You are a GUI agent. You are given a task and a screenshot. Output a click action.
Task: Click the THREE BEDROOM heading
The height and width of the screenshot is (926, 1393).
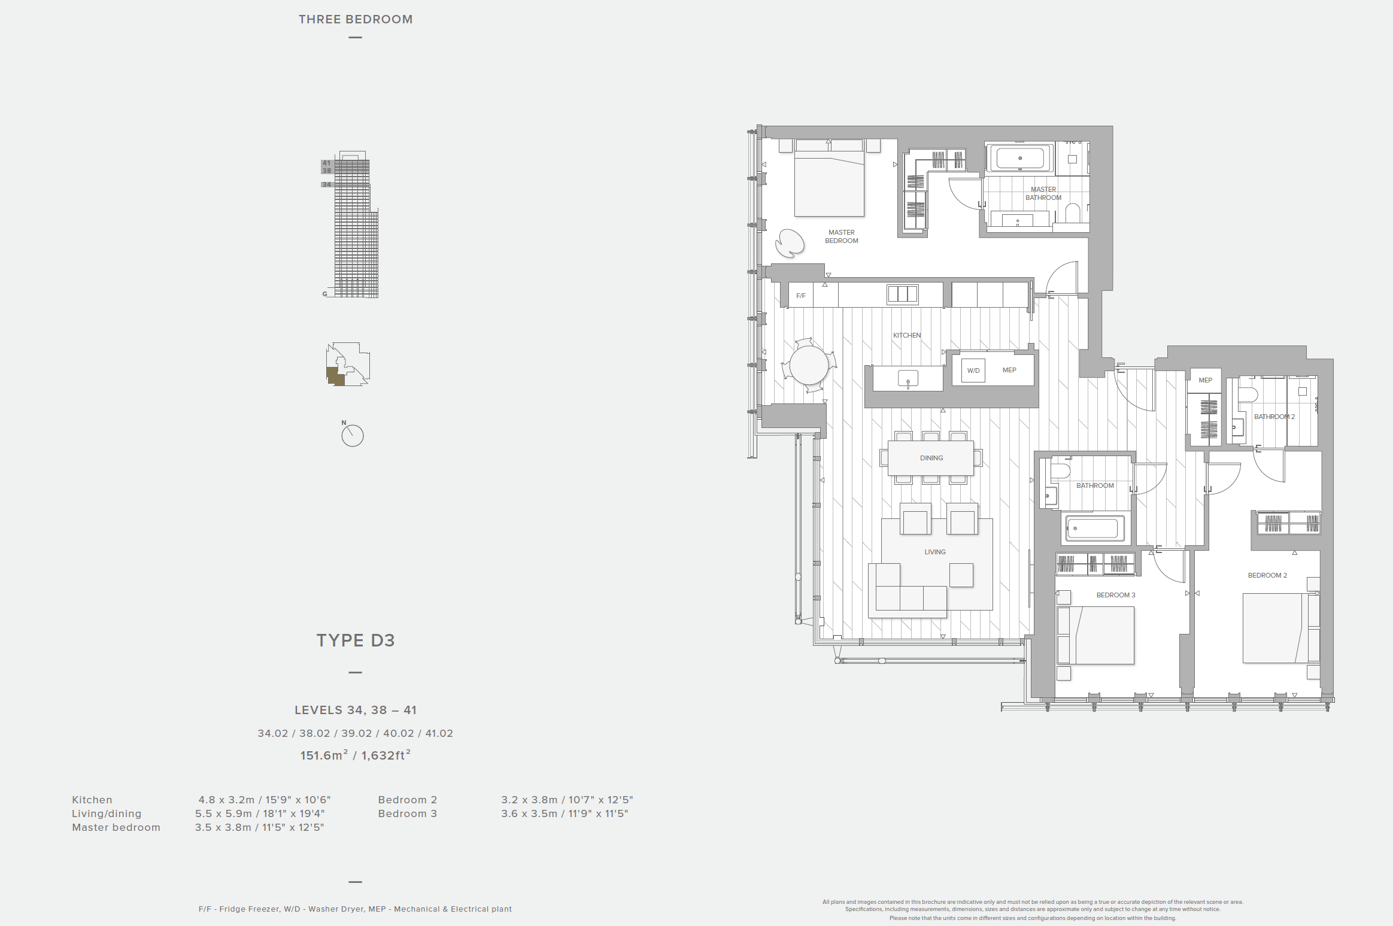tap(356, 19)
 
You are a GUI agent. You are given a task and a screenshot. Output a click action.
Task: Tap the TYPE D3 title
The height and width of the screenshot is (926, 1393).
tap(356, 640)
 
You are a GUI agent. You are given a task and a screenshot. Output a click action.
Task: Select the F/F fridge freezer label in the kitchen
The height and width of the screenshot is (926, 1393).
tap(801, 296)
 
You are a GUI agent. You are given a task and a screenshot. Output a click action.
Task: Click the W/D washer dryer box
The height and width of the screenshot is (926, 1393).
tap(973, 371)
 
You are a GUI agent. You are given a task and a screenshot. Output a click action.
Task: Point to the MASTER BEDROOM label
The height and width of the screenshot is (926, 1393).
tap(842, 236)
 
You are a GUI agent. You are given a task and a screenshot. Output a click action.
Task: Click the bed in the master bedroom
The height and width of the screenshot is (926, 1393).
tap(829, 178)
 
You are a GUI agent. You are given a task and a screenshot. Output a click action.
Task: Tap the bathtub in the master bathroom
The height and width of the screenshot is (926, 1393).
tap(1020, 159)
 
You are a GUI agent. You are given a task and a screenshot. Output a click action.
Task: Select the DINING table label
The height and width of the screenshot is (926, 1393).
tap(931, 458)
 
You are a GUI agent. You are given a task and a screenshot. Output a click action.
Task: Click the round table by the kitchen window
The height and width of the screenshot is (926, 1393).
tap(809, 365)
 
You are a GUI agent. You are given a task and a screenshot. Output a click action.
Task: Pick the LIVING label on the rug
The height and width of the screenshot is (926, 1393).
tap(935, 552)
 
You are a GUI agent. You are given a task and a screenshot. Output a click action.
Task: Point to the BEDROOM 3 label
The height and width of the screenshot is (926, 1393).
tap(1116, 595)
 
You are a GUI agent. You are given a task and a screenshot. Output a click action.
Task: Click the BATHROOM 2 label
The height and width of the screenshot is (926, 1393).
tap(1274, 417)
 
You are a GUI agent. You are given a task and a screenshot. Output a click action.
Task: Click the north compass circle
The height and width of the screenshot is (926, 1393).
tap(353, 436)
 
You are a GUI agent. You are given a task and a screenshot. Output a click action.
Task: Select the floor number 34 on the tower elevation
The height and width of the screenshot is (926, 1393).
tap(326, 184)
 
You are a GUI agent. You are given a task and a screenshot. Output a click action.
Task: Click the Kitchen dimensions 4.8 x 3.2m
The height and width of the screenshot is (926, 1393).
tap(265, 800)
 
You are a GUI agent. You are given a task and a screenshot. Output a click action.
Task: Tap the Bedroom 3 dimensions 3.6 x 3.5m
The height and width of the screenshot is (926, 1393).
tap(565, 813)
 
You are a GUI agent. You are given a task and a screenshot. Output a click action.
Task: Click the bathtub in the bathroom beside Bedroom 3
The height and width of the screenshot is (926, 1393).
tap(1092, 529)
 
